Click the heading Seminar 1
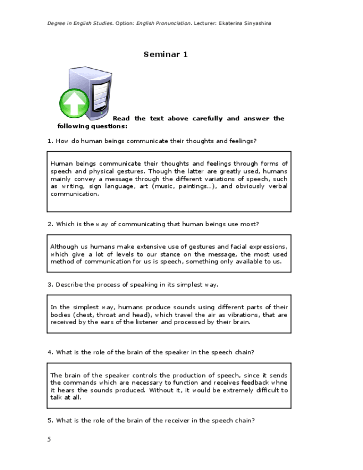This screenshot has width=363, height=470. click(x=166, y=54)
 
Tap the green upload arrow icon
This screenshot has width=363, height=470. click(x=74, y=103)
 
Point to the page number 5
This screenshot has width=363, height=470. click(x=49, y=440)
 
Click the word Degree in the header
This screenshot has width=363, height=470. click(x=57, y=23)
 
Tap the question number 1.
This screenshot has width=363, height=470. click(x=50, y=141)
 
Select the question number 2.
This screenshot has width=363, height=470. click(x=50, y=224)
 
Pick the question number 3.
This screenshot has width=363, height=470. click(x=50, y=284)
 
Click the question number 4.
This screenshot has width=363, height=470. click(x=50, y=352)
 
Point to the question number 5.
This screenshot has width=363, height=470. click(x=50, y=420)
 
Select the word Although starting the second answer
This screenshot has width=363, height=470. click(x=64, y=246)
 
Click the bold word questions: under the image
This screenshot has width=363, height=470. click(x=109, y=126)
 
